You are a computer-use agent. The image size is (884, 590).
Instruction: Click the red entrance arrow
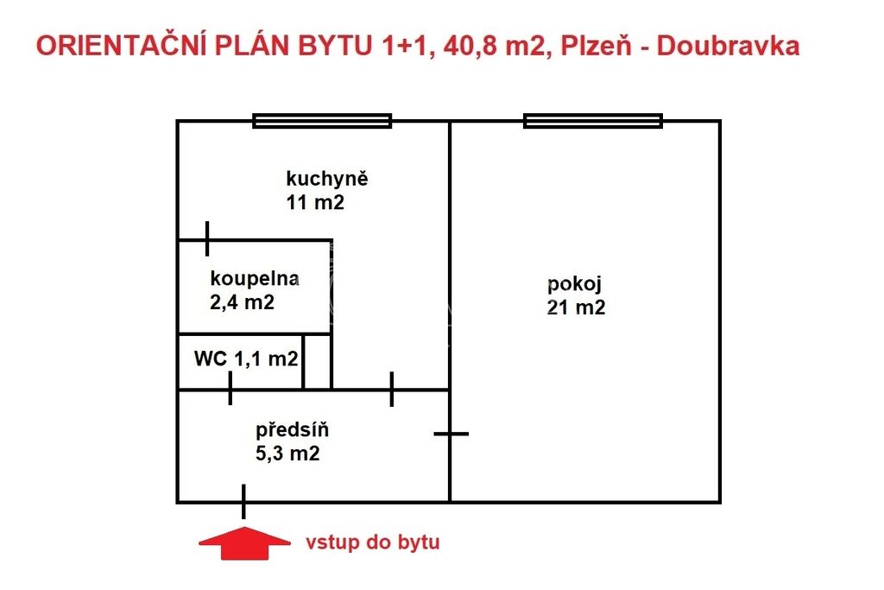[244, 543]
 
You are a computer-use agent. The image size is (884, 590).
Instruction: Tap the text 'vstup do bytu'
[373, 542]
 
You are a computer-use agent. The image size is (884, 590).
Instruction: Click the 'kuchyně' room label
[327, 180]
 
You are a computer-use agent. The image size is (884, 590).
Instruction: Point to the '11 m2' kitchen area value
[315, 202]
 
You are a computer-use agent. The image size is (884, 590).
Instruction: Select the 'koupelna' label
[255, 278]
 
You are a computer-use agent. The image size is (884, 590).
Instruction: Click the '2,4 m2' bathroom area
[242, 302]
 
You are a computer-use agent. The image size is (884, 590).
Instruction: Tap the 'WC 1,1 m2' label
[246, 358]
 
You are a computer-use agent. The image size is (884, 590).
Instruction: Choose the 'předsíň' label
[292, 430]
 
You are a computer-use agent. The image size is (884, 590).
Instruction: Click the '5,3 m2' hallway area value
[287, 454]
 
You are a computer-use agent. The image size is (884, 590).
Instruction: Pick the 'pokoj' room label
[574, 284]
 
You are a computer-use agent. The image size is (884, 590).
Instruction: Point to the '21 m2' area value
[576, 308]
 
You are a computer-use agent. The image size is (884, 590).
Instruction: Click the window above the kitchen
[322, 121]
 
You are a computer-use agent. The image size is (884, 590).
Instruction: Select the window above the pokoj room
[593, 121]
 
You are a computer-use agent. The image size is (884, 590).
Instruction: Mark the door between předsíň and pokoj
[451, 434]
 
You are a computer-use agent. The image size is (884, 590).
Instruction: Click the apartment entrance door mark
[243, 501]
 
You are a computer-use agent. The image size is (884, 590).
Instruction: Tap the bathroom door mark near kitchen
[207, 238]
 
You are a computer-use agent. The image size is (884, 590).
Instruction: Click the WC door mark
[230, 388]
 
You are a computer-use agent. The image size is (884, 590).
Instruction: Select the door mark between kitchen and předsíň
[392, 389]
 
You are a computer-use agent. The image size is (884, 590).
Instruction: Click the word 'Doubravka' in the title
[728, 46]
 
